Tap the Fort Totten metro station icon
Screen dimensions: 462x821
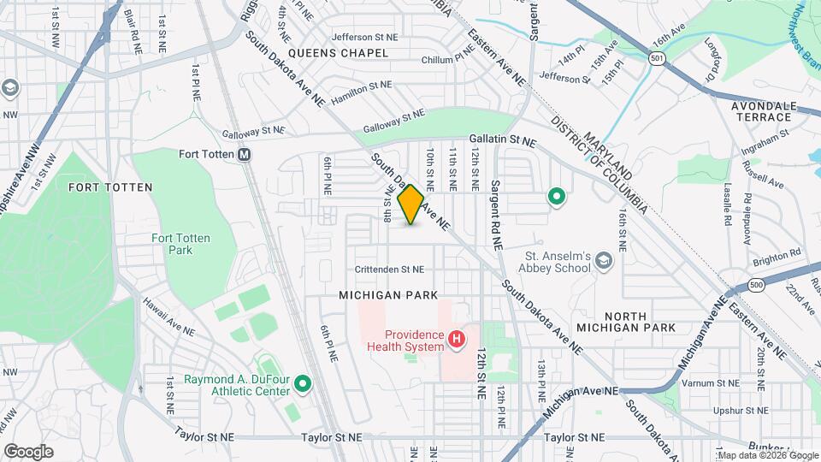[245, 155]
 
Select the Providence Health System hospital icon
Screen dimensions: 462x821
[457, 340]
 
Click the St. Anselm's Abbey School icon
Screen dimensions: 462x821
[604, 260]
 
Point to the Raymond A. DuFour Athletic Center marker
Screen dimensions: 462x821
[303, 386]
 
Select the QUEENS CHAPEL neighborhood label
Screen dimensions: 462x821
[338, 53]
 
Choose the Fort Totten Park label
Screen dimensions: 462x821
[180, 244]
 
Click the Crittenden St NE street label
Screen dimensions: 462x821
[389, 269]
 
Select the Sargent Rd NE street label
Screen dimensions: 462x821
[494, 214]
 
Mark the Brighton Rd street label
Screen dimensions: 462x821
[783, 253]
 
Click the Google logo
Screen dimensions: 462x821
[28, 451]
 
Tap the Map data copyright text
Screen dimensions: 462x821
[767, 455]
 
